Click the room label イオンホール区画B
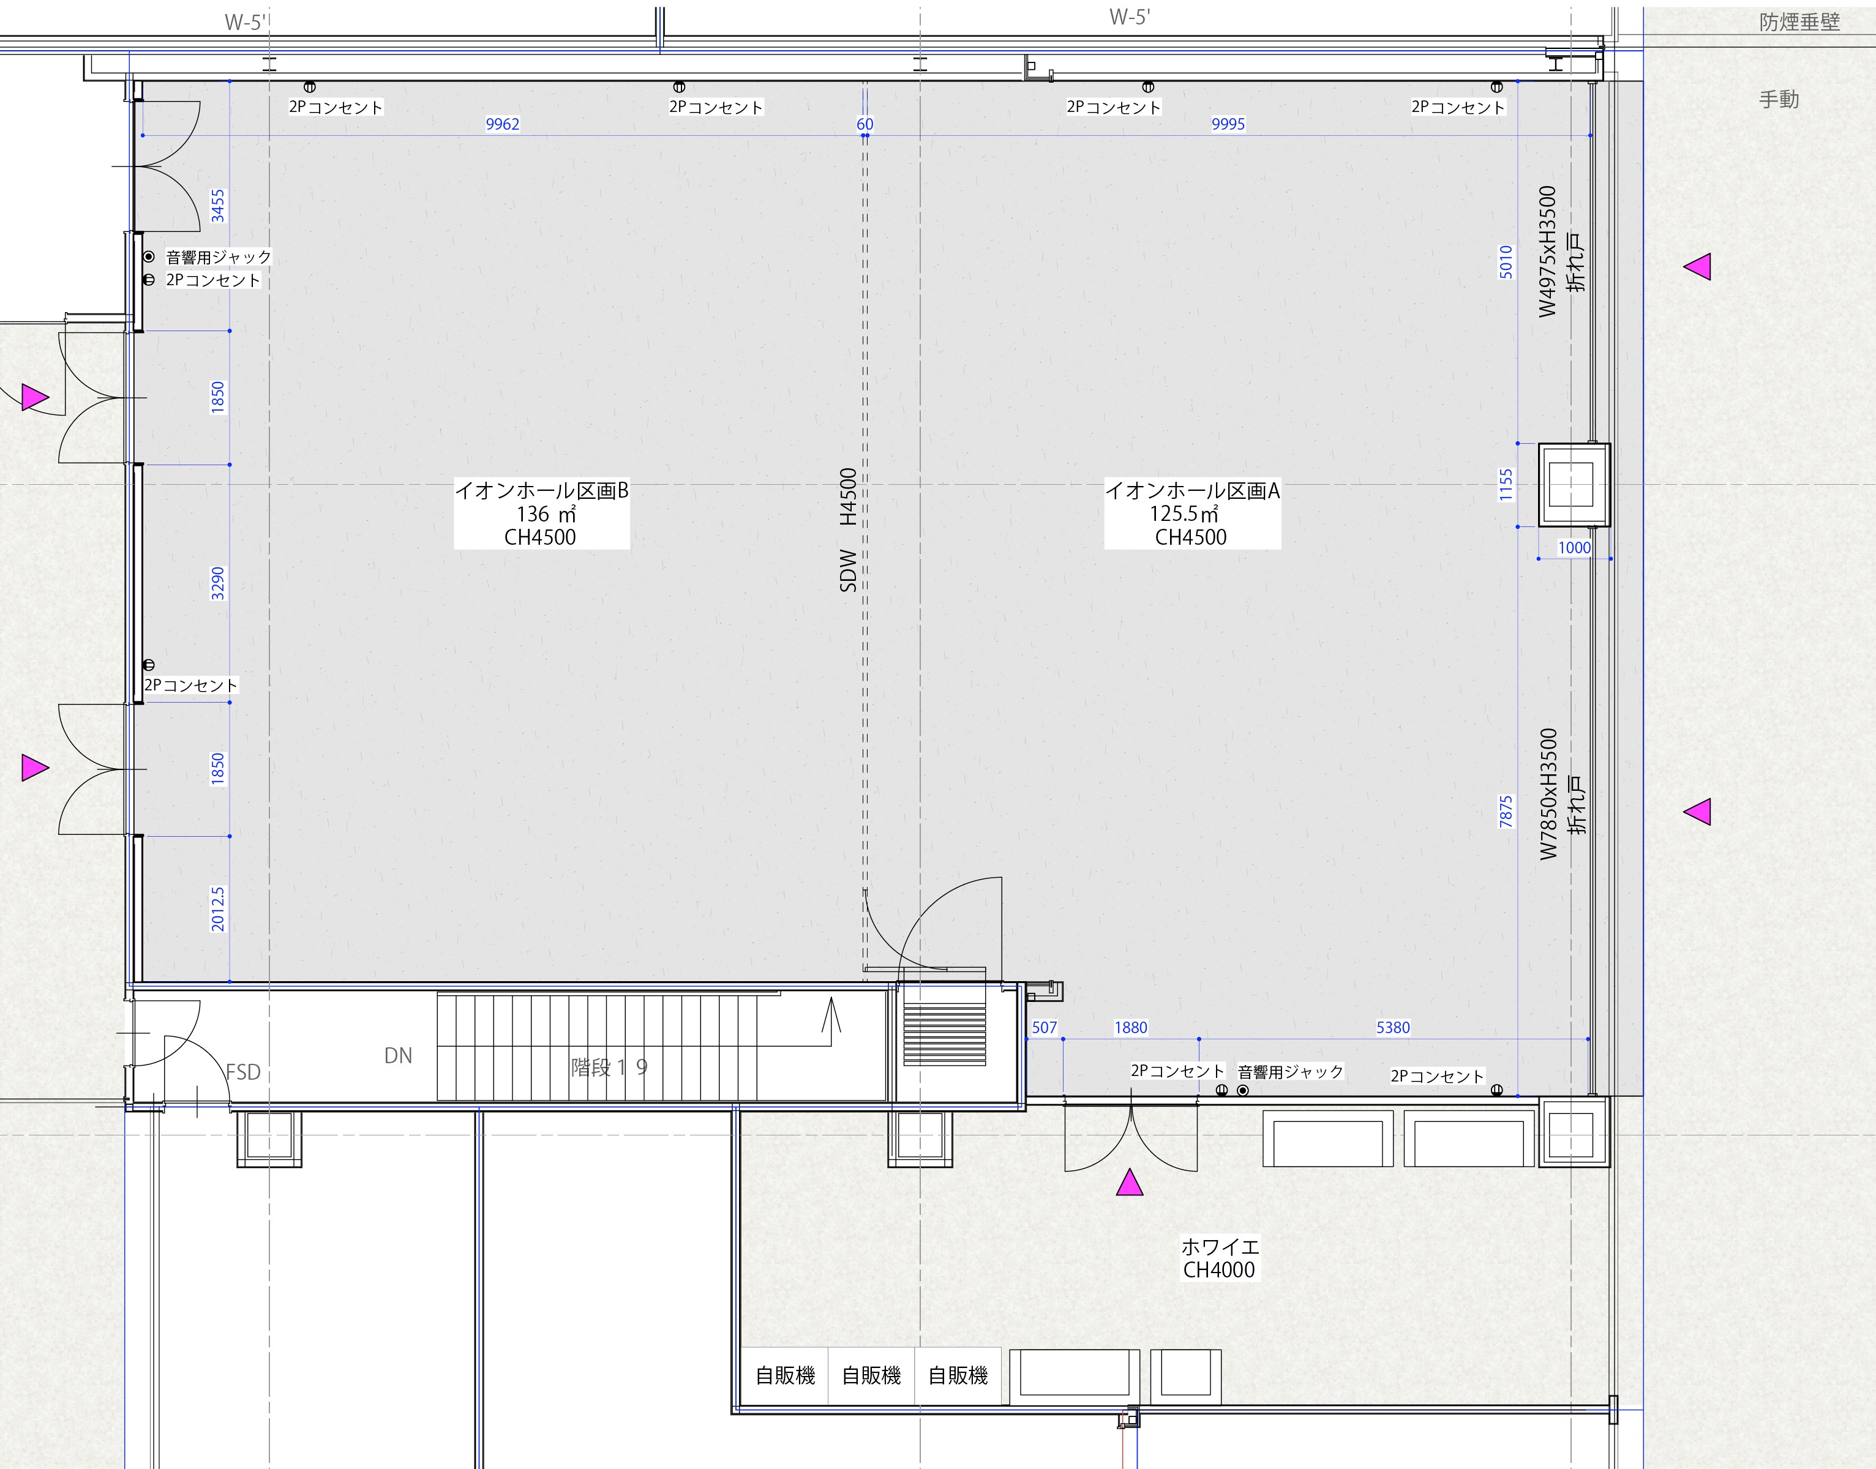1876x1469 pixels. tap(541, 491)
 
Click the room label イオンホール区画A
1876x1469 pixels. tap(1192, 491)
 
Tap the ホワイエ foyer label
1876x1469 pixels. tap(1220, 1246)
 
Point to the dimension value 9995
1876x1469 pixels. tap(1228, 124)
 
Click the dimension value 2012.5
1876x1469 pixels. tap(217, 909)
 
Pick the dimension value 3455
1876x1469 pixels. tap(217, 206)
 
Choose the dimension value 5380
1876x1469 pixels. tap(1394, 1027)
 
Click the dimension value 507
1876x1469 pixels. tap(1045, 1027)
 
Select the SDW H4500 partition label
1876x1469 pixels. tap(848, 530)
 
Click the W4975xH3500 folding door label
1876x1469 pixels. tap(1548, 251)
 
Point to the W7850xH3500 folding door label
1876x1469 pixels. tap(1548, 794)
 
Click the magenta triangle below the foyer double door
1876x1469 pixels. tap(1130, 1183)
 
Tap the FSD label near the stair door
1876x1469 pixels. tap(244, 1072)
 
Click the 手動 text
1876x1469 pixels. tap(1779, 100)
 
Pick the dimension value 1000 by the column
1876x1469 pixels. tap(1574, 548)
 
